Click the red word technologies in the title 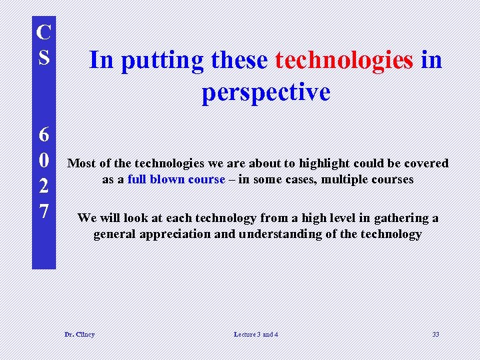344,60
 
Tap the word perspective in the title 266,92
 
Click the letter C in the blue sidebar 43,31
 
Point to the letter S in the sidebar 43,55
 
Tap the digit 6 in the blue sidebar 43,135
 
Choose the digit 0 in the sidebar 43,160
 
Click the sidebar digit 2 43,186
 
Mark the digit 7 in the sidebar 43,211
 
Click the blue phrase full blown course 176,179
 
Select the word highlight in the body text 323,163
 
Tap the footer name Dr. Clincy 79,334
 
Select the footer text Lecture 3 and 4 256,334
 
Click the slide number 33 435,334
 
